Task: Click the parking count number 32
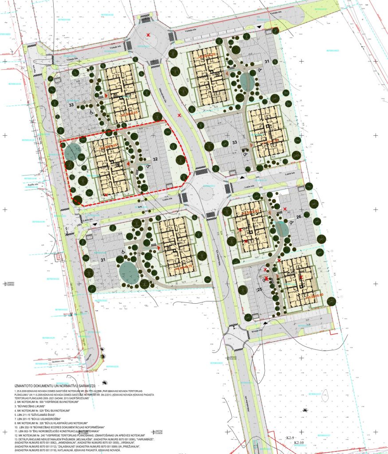(155, 159)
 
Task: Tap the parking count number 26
(298, 217)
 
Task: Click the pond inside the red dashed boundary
(72, 152)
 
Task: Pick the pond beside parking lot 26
(281, 229)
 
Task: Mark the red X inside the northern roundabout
(149, 35)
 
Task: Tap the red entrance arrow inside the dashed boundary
(129, 164)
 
